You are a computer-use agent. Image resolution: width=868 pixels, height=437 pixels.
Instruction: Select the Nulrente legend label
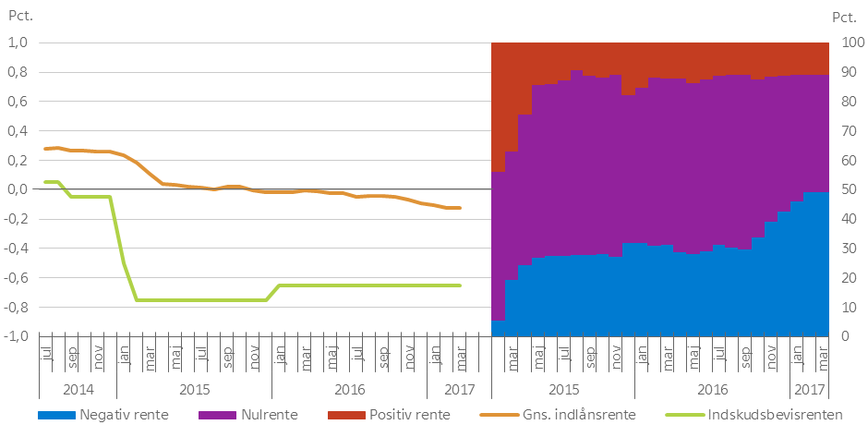click(x=271, y=415)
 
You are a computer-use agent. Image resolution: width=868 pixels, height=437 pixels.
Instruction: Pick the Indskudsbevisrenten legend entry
click(x=772, y=415)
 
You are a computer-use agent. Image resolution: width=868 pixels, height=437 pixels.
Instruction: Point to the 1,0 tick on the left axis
click(x=19, y=42)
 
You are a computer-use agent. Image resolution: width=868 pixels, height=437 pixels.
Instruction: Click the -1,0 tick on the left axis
click(x=18, y=336)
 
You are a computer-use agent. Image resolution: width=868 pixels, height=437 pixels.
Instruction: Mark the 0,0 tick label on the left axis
click(x=19, y=189)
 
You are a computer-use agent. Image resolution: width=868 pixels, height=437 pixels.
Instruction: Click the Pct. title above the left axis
click(x=20, y=16)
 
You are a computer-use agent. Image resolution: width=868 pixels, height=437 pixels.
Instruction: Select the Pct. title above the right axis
click(x=844, y=16)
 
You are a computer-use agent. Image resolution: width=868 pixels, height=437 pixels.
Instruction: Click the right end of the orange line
click(x=461, y=208)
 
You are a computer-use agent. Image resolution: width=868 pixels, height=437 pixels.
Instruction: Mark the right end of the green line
click(x=461, y=285)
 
